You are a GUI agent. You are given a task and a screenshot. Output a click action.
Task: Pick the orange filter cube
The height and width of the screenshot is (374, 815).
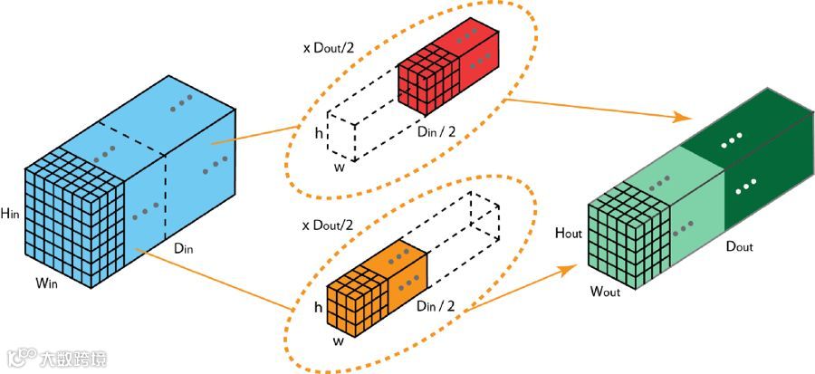coord(373,289)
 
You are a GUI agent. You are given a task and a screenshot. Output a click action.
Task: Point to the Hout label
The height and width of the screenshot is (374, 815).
coord(568,234)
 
